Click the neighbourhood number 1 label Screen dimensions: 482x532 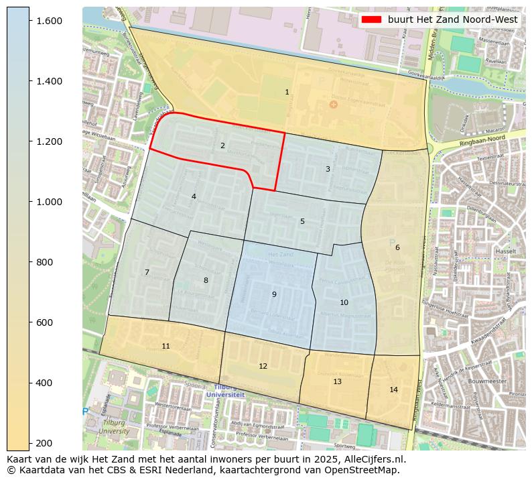click(287, 93)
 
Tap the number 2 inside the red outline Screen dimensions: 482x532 click(222, 145)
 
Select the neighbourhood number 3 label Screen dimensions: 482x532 click(328, 169)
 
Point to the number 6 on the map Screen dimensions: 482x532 click(397, 247)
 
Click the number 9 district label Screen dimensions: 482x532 click(273, 294)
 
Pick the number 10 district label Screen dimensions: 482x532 click(344, 302)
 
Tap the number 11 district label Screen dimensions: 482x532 click(165, 346)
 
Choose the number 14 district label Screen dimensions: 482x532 click(393, 389)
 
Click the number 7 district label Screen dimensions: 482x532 click(147, 272)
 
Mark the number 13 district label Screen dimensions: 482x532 click(337, 381)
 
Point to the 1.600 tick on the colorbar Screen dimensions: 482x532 click(49, 21)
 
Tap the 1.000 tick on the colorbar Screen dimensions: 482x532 click(49, 202)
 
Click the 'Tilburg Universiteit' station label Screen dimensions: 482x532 click(225, 391)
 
